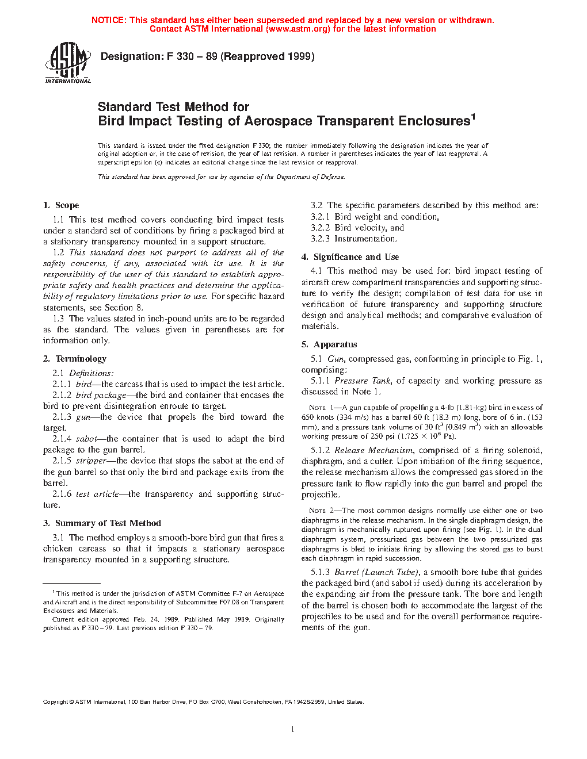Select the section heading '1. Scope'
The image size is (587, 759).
click(61, 205)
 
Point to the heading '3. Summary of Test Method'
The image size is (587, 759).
click(102, 523)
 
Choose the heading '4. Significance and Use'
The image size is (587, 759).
click(350, 257)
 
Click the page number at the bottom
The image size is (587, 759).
click(293, 730)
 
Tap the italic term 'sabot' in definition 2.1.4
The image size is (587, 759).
click(87, 439)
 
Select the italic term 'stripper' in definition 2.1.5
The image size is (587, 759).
click(91, 461)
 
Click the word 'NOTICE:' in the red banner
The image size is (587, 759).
click(109, 20)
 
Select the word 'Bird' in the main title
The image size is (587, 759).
click(111, 121)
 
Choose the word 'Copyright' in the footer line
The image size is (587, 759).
click(56, 702)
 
